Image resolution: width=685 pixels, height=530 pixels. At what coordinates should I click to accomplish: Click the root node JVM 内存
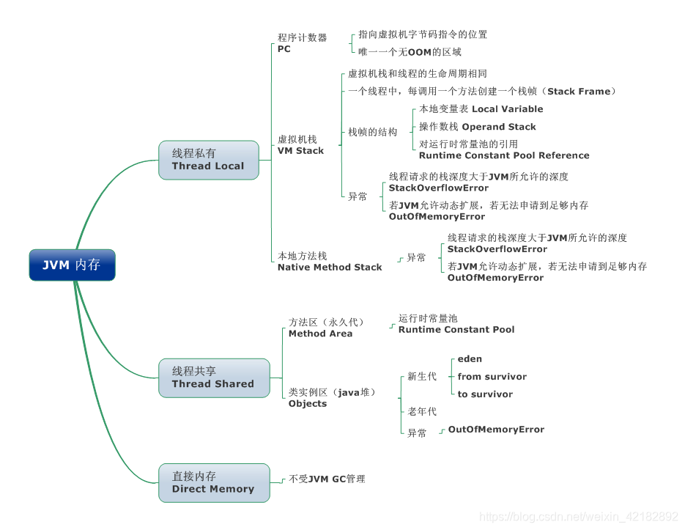tap(72, 265)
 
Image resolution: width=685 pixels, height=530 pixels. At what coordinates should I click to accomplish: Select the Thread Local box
tap(208, 160)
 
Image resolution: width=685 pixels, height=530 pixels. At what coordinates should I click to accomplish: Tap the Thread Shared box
tap(213, 378)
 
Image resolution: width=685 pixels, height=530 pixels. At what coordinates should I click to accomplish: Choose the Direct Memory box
tap(213, 482)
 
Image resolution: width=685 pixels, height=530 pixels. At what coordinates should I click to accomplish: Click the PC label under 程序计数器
tap(284, 49)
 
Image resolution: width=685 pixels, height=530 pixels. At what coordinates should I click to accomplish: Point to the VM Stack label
tap(300, 150)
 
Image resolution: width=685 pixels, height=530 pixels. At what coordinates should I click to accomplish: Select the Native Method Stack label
tap(330, 268)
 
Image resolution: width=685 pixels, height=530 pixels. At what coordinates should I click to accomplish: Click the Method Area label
tap(320, 334)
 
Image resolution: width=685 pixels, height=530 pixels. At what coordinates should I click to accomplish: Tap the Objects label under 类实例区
tap(308, 404)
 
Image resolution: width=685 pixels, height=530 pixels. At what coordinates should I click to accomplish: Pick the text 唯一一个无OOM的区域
tap(410, 52)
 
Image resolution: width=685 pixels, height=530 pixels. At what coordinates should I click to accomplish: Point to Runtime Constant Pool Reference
tap(504, 155)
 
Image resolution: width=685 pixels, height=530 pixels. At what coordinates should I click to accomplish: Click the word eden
tap(470, 359)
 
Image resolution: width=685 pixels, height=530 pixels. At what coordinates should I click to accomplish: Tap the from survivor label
tap(492, 377)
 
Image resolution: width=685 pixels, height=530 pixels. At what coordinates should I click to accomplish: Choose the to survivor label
tap(485, 394)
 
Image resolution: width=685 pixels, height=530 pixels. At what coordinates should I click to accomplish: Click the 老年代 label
tap(422, 412)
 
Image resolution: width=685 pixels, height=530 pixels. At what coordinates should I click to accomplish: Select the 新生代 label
tap(422, 377)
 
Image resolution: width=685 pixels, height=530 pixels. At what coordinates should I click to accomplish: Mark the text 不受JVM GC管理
tap(327, 479)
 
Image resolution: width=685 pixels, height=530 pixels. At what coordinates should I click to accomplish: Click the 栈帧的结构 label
tap(372, 133)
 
